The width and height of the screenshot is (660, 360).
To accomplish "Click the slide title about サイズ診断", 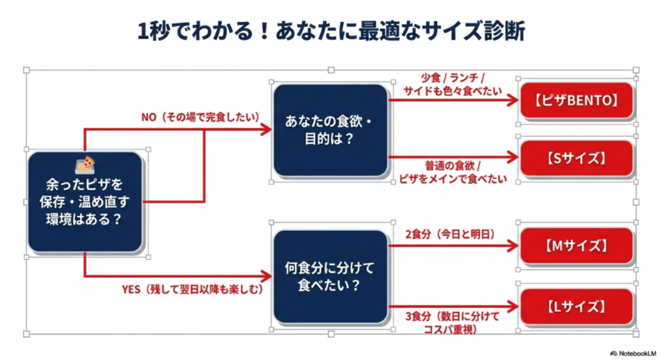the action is (331, 31).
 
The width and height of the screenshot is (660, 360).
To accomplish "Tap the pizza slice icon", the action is (85, 165).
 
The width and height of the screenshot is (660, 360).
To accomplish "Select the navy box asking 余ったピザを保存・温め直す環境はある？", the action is (85, 202).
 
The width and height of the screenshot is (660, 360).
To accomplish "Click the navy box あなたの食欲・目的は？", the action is (331, 130).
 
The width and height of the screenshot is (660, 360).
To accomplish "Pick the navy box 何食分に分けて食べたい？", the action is (331, 277).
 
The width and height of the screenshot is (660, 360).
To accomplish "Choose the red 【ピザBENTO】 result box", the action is (577, 100).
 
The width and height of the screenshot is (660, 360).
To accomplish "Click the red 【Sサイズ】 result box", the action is (577, 158).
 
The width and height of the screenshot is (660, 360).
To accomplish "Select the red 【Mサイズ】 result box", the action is (577, 246).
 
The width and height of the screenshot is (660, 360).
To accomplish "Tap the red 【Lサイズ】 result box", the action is (577, 306).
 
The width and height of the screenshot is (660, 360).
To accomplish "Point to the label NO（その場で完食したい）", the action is (200, 117).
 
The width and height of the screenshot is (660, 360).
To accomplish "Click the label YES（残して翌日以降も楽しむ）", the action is (193, 289).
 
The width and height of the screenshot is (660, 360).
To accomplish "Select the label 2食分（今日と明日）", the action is (450, 234).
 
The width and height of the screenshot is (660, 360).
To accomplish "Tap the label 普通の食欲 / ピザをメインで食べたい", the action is (453, 172).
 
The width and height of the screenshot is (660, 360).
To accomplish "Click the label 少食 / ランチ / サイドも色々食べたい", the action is (453, 84).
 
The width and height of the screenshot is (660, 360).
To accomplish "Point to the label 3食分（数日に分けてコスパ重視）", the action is (452, 323).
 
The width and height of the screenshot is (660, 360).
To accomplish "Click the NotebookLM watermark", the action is (633, 353).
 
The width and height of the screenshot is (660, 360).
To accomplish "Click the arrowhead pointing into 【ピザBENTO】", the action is (513, 100).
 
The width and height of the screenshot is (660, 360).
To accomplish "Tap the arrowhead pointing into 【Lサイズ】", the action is (513, 306).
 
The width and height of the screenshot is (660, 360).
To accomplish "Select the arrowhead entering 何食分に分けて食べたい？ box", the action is (266, 277).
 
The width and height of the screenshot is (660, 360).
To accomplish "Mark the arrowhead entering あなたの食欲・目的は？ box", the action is (266, 130).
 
